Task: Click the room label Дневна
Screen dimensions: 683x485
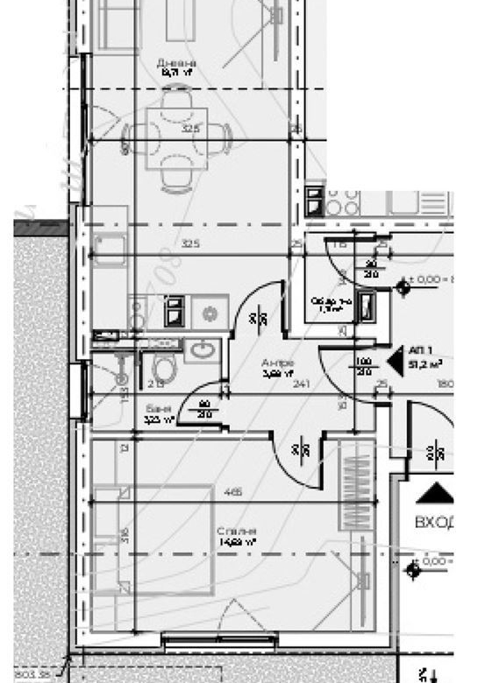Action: tap(176, 63)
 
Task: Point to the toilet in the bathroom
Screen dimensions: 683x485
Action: tap(162, 368)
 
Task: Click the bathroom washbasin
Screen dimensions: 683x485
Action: tap(203, 351)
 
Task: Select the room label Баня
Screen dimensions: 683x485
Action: tap(158, 408)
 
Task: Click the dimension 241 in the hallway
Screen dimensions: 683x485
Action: tap(302, 382)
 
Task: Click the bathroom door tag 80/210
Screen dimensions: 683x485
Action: tap(204, 407)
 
